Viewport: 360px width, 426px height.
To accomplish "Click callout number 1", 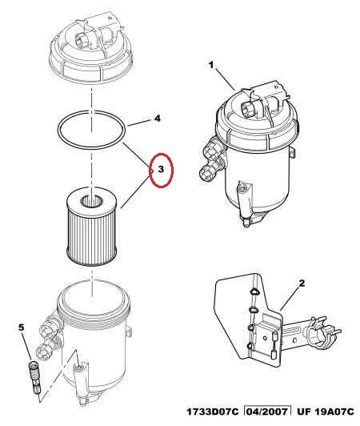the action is click(x=211, y=65).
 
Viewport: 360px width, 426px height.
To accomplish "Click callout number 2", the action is click(x=302, y=283).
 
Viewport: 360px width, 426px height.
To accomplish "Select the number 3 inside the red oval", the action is click(x=161, y=169).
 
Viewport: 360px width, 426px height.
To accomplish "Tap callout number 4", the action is click(x=157, y=119).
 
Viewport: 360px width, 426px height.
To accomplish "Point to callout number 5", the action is click(x=21, y=328).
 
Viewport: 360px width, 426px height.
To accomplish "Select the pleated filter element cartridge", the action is click(x=92, y=227).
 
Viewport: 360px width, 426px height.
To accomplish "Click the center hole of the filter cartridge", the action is click(x=92, y=202).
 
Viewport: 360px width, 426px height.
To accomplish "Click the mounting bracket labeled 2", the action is click(x=274, y=320).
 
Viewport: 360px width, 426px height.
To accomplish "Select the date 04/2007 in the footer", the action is click(x=266, y=412).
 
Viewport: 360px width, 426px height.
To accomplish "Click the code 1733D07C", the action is click(x=213, y=412).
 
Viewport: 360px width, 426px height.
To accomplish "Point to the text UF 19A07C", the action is click(x=326, y=412).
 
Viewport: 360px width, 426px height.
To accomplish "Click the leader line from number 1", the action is click(x=226, y=79).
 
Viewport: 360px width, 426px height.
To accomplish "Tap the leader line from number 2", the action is click(x=290, y=299).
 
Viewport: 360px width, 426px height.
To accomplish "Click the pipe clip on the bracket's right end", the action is click(x=325, y=332).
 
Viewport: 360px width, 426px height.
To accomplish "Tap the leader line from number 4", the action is click(x=139, y=122).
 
